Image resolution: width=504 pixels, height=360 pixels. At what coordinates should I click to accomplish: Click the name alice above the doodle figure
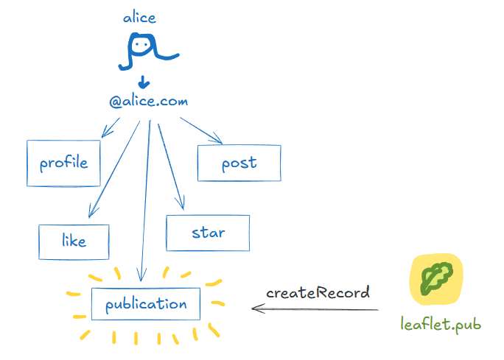point(139,17)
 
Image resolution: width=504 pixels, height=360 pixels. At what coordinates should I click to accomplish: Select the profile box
point(63,163)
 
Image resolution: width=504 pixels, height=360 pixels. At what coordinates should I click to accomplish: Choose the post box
point(239,163)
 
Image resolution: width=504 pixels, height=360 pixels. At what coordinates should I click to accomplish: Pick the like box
point(74,241)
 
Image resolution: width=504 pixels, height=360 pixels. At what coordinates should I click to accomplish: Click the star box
point(208,233)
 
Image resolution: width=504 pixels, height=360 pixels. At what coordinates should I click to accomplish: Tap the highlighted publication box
point(146,304)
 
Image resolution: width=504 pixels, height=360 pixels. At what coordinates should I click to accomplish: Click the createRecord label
point(318,292)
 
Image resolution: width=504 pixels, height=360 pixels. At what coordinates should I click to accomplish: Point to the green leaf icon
point(436,279)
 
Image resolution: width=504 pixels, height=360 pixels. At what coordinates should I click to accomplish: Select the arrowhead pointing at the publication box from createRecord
point(256,308)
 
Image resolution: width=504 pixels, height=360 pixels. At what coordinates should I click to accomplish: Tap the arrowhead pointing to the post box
point(218,140)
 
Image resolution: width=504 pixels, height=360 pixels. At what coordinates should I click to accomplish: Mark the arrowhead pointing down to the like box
point(89,214)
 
